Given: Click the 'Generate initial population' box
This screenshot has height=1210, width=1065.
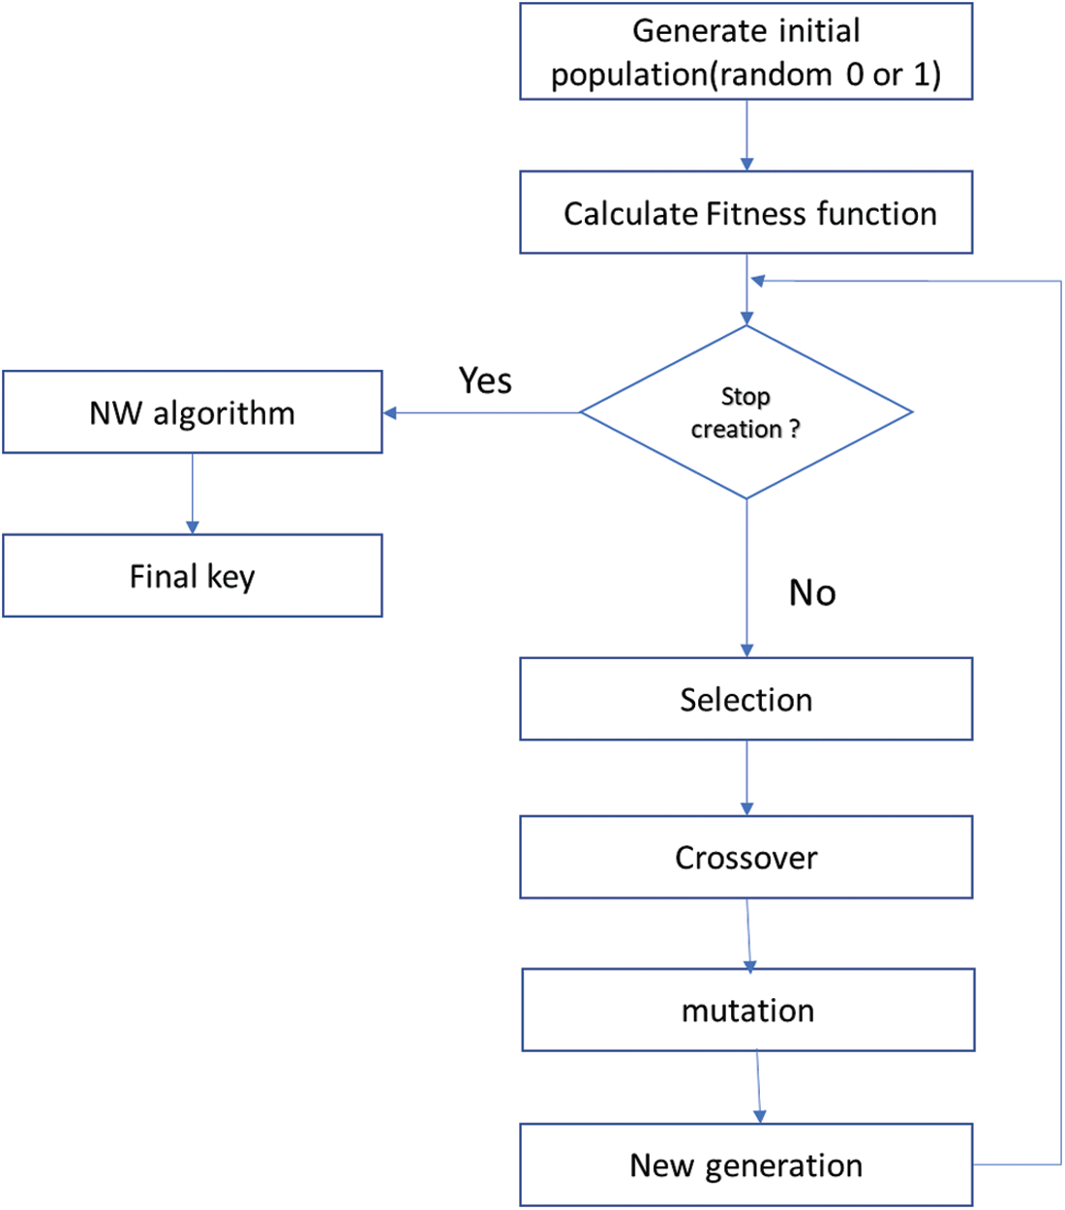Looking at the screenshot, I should (x=745, y=51).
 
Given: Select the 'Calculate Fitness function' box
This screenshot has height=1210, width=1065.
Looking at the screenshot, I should (x=745, y=213).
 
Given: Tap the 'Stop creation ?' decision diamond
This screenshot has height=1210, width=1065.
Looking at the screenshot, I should (x=745, y=412).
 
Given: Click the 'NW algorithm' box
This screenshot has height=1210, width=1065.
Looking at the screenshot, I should (x=192, y=412).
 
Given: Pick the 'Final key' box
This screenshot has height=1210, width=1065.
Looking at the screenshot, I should (x=192, y=576).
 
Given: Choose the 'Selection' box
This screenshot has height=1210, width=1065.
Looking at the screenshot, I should (x=745, y=699).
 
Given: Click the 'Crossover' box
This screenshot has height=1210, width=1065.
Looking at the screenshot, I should (x=745, y=857).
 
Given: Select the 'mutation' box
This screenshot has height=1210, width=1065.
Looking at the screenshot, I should (x=747, y=1010).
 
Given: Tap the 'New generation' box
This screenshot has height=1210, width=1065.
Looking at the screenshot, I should (x=745, y=1165).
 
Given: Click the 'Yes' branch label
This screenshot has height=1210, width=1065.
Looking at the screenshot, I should (x=485, y=380).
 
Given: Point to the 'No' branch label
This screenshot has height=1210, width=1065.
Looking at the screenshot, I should (x=812, y=592).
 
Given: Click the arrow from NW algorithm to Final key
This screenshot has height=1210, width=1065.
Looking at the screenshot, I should (x=192, y=493).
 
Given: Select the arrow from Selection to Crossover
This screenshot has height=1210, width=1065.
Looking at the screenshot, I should (x=746, y=777).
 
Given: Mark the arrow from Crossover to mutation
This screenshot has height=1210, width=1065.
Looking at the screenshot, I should (x=748, y=933).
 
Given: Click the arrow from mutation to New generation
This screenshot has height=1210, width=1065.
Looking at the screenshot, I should (x=758, y=1086).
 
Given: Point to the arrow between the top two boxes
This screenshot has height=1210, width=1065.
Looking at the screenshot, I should (x=746, y=135).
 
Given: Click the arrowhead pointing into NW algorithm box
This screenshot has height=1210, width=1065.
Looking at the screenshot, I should (x=390, y=413).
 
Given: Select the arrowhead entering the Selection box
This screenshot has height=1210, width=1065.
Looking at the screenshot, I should (x=746, y=650).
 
